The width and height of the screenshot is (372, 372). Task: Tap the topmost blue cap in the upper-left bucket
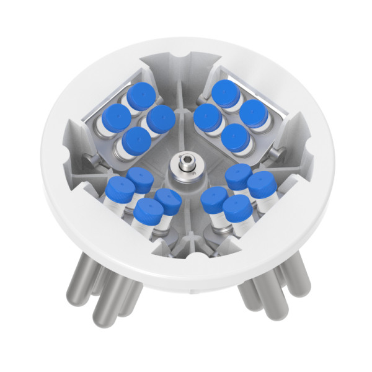(142, 94)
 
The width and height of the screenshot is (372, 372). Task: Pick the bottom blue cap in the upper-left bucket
(136, 139)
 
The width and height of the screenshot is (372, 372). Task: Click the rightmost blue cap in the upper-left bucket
(161, 117)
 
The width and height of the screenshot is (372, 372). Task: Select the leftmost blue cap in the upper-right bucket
(207, 115)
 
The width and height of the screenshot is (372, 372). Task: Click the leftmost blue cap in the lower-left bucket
(120, 189)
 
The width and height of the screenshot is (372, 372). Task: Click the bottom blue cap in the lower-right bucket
(237, 208)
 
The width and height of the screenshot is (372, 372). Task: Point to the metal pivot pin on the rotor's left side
(92, 161)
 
